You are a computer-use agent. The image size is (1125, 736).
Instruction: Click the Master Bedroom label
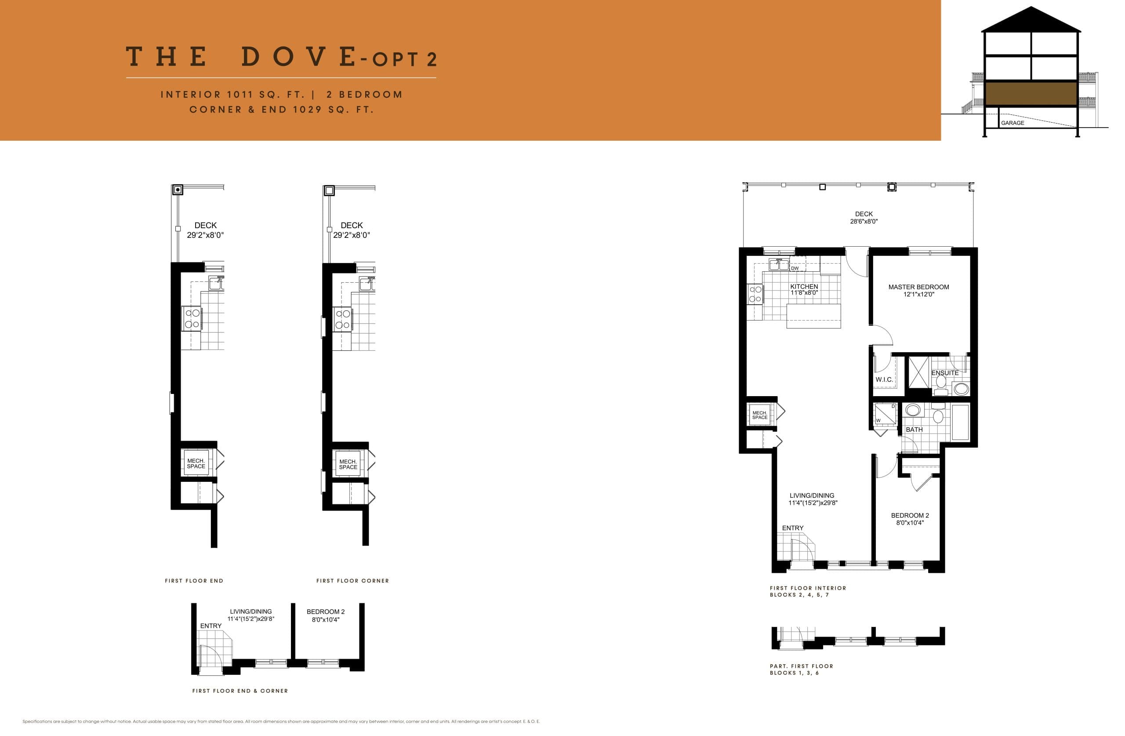(918, 287)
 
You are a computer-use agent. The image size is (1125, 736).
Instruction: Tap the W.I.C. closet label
(883, 379)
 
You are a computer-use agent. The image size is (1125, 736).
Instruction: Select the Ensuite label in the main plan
(944, 373)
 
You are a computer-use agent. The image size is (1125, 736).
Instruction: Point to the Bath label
(914, 430)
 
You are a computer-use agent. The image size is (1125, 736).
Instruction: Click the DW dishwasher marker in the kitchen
(795, 268)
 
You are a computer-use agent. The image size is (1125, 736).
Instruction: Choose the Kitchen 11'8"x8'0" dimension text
(804, 293)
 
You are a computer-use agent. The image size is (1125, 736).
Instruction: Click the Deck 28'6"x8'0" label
(864, 218)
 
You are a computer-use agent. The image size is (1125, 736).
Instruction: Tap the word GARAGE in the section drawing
(1012, 123)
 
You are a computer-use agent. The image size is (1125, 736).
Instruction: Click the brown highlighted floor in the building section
(1031, 93)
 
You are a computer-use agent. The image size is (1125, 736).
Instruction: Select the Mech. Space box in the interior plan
(760, 415)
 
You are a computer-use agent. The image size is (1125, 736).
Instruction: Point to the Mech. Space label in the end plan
(196, 463)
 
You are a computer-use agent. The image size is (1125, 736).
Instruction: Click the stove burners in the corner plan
(343, 319)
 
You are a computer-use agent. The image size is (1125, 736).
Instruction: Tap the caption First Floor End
(194, 580)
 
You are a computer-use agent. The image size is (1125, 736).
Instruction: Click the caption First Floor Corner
(352, 580)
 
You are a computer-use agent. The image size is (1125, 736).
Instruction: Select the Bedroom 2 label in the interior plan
(910, 516)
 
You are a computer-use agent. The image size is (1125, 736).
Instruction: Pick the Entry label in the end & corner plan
(210, 625)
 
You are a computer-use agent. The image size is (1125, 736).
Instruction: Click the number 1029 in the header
(307, 110)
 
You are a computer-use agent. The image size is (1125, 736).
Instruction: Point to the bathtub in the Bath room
(960, 422)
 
